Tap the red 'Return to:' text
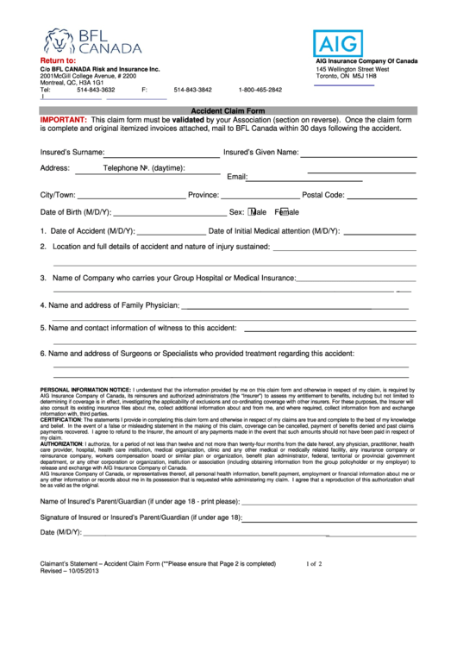point(58,61)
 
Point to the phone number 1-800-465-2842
point(260,90)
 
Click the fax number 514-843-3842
point(192,90)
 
